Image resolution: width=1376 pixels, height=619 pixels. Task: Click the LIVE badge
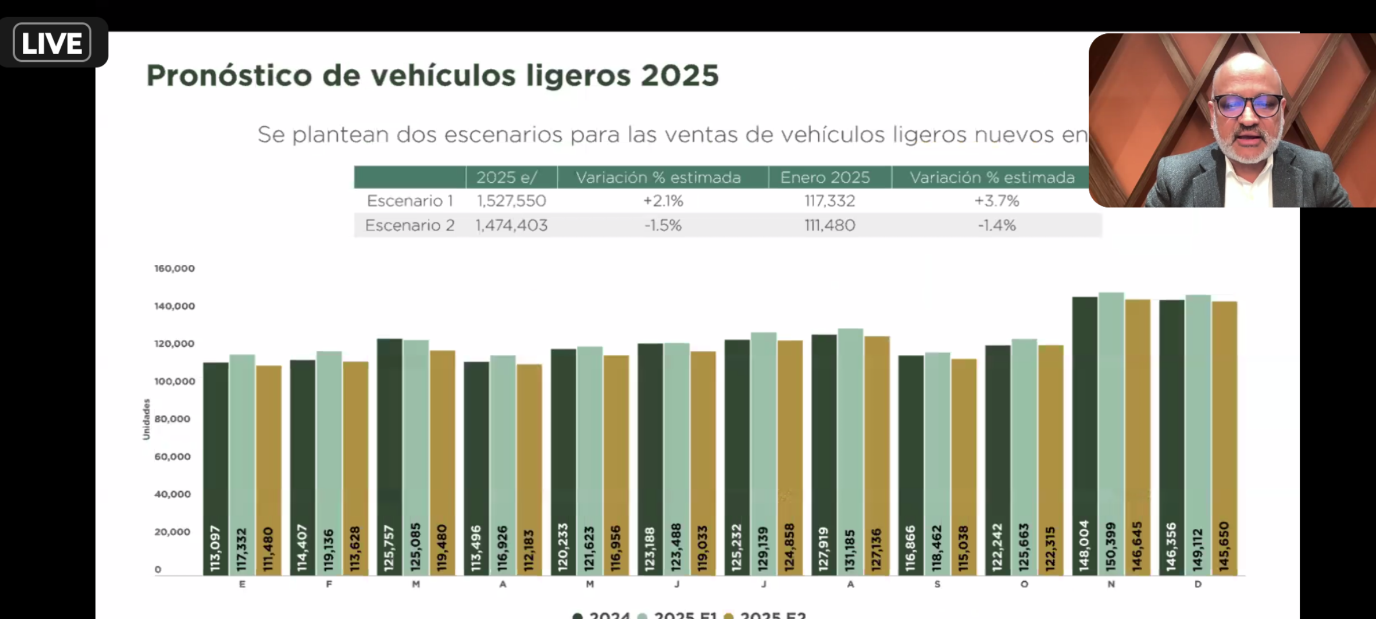point(52,43)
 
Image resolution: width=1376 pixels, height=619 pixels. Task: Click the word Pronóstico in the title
point(228,76)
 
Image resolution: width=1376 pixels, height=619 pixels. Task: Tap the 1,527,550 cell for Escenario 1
point(511,201)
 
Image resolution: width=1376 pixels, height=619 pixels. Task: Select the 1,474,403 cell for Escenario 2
point(511,225)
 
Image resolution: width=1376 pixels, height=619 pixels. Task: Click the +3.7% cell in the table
point(996,201)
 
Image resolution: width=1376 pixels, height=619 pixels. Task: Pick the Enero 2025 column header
point(825,178)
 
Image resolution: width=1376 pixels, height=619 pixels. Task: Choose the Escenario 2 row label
point(409,225)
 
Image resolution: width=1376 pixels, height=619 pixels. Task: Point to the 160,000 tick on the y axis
point(174,268)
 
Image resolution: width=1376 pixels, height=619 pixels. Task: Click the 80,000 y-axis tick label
point(172,419)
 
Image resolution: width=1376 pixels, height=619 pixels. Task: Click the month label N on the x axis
point(1111,584)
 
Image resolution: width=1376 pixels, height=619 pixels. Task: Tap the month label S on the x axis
point(937,584)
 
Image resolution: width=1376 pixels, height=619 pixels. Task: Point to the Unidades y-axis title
point(146,419)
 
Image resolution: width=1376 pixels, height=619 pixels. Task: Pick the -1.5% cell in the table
point(663,225)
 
